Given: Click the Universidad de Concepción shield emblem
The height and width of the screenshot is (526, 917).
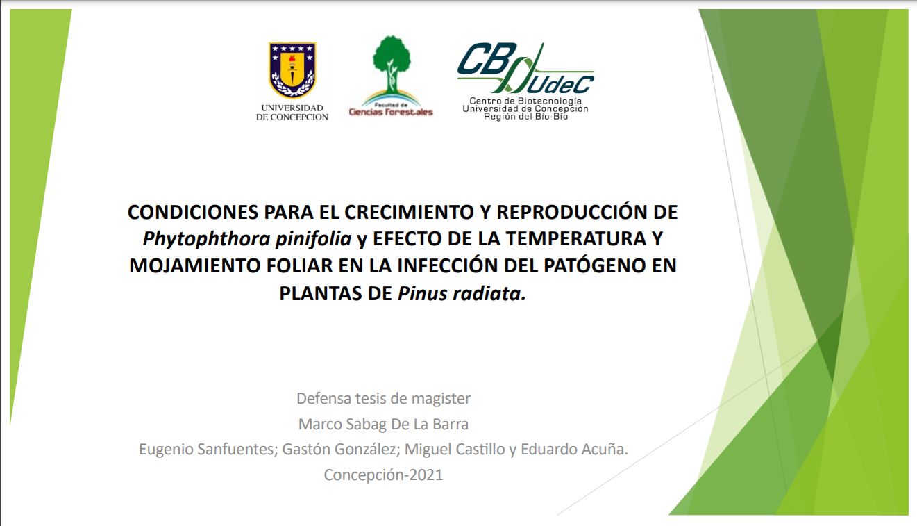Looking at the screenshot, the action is pos(292,70).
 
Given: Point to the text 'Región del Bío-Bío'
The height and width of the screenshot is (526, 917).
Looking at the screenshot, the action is pos(525,117).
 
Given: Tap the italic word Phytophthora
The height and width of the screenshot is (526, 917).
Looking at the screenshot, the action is pos(206,239).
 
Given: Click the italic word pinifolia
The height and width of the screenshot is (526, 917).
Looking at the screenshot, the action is pos(313,239).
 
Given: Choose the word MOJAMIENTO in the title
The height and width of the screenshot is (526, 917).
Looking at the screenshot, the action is pos(195,266).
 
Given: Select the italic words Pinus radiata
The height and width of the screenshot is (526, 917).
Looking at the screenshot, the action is pos(462,294).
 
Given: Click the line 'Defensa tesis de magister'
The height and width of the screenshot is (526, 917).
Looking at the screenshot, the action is pos(384,399).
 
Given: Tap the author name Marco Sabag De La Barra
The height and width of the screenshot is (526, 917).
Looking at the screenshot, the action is pos(384,424).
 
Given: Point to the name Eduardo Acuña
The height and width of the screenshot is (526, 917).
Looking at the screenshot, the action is pos(574,450).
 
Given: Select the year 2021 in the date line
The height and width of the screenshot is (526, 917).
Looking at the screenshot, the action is pos(426,475).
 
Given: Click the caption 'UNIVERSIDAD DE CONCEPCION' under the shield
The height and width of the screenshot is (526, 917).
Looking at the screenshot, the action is pos(292,113).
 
